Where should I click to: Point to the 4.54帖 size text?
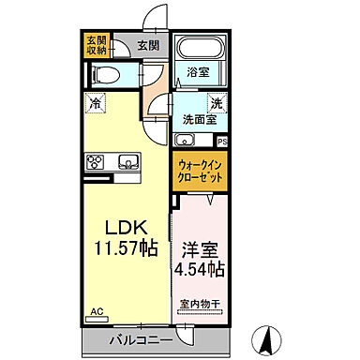[200, 270]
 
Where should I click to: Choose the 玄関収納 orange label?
[97, 46]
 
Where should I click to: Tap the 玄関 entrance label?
[147, 45]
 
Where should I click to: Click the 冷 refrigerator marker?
[97, 105]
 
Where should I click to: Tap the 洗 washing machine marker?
[215, 105]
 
